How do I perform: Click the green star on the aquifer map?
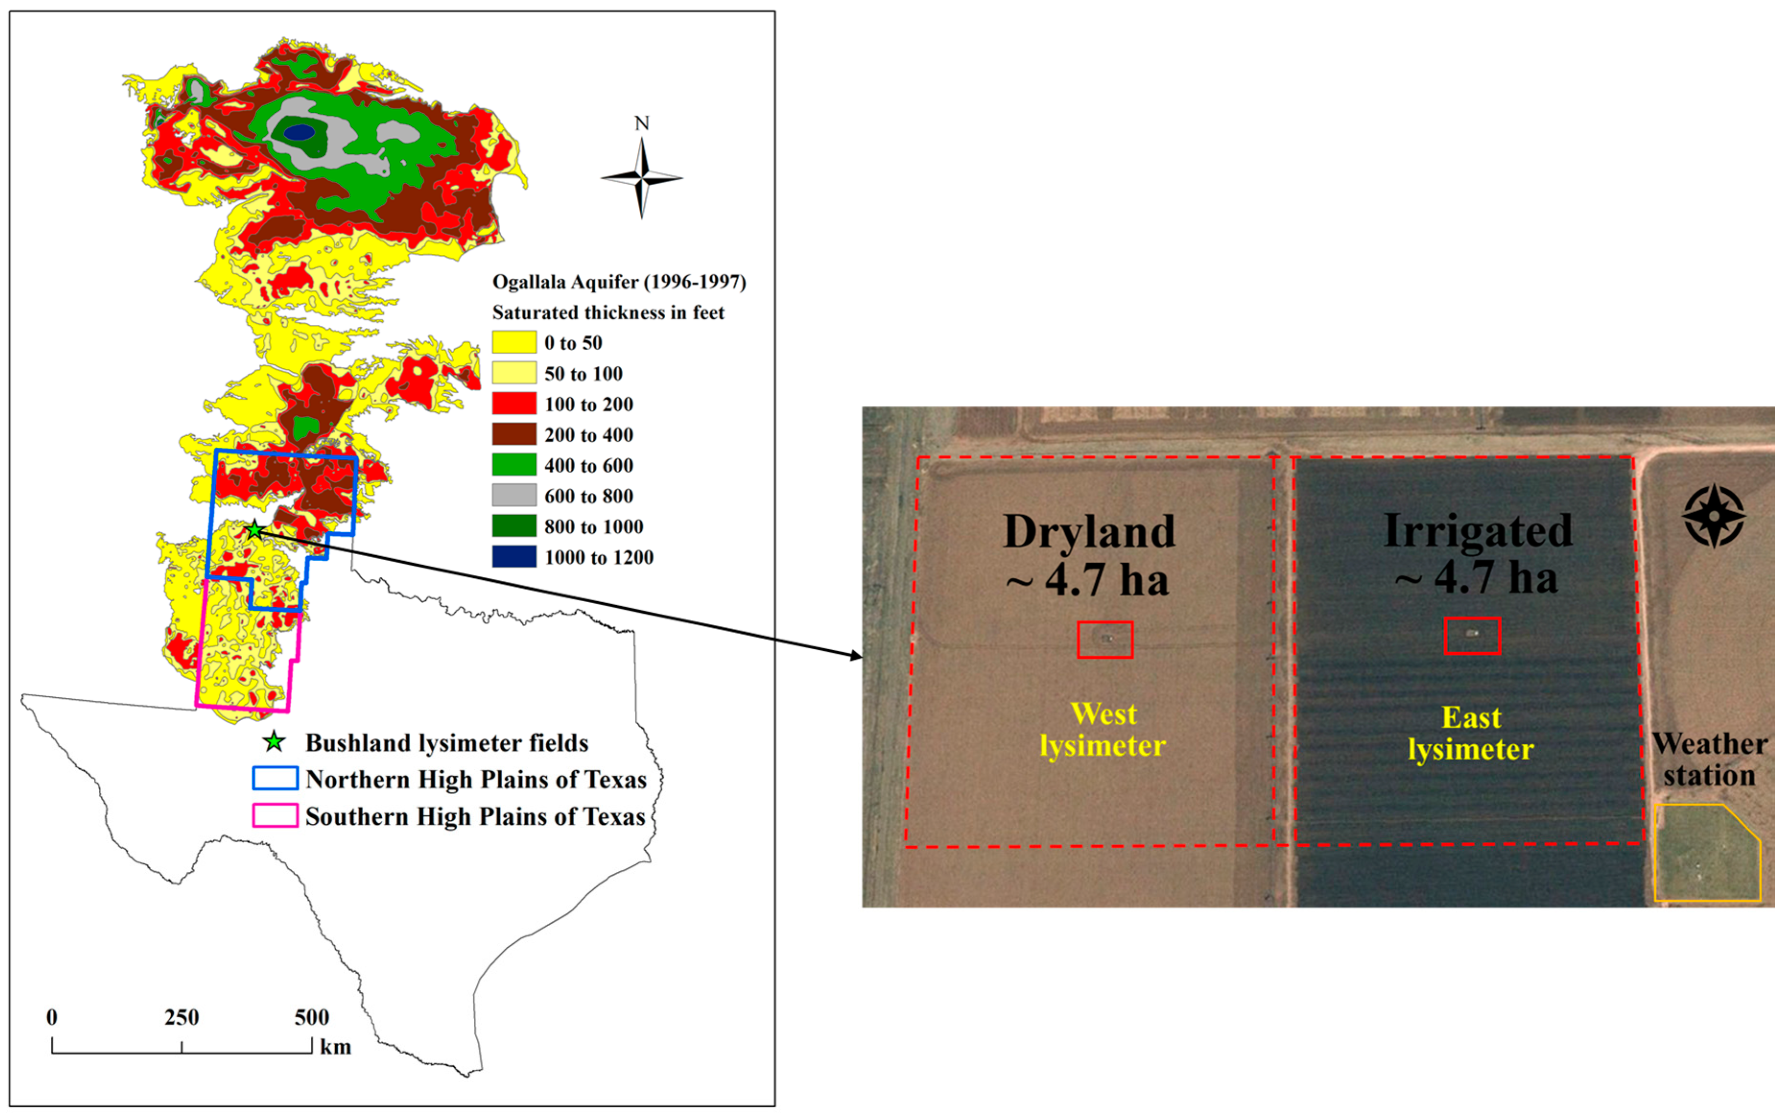tap(254, 530)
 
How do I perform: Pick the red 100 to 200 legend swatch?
tap(514, 403)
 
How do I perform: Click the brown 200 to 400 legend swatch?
tap(514, 434)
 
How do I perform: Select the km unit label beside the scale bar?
tap(335, 1047)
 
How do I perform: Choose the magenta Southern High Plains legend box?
tap(275, 816)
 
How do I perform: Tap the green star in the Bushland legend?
tap(275, 741)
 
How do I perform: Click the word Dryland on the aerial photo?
tap(1089, 532)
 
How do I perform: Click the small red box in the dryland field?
tap(1105, 639)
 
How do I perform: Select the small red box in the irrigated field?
tap(1472, 635)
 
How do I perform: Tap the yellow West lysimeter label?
tap(1103, 729)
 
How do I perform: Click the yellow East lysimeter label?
tap(1471, 733)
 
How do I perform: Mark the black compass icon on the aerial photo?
tap(1714, 516)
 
